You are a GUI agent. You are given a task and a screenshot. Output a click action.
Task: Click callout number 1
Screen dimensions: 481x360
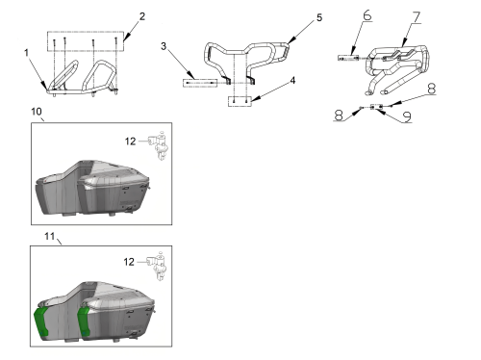[x=26, y=53]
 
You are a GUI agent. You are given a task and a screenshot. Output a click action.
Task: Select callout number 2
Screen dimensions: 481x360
[x=142, y=16]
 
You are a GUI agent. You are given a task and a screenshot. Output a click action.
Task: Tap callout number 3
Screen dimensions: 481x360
[x=164, y=46]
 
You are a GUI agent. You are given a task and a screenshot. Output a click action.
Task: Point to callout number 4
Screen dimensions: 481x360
[x=292, y=81]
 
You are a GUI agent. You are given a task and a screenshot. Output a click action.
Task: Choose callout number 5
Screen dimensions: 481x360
[x=319, y=17]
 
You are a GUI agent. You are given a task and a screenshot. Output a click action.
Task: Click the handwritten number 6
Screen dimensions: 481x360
[x=367, y=15]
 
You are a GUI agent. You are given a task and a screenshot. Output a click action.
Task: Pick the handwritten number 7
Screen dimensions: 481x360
[x=417, y=17]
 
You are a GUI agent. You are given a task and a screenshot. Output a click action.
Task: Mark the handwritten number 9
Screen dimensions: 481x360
[x=407, y=116]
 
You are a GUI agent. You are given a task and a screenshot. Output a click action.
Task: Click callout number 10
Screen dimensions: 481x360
[x=37, y=112]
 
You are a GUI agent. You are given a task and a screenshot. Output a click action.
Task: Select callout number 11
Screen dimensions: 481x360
[x=49, y=236]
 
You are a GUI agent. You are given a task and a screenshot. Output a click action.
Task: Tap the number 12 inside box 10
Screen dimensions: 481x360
[x=130, y=141]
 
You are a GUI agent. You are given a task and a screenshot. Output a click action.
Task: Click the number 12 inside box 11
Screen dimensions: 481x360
[x=129, y=262]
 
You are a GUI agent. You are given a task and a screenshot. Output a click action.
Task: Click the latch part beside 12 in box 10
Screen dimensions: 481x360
[x=159, y=145]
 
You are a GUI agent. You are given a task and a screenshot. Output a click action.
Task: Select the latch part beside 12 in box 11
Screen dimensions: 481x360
[x=157, y=266]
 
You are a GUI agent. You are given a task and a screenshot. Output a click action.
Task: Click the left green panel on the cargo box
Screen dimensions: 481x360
[x=40, y=321]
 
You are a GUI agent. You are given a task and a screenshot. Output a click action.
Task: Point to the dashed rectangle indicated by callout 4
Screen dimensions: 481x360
[x=240, y=101]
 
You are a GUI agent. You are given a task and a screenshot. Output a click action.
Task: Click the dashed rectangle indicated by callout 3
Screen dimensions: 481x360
[x=200, y=83]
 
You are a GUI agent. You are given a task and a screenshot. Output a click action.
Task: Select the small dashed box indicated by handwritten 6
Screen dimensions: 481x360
[x=348, y=58]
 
